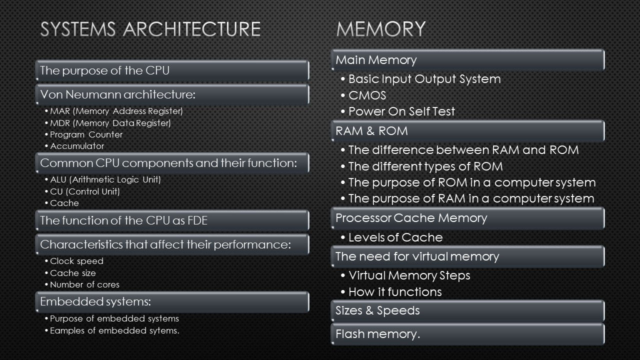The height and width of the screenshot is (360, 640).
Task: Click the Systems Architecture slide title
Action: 150,29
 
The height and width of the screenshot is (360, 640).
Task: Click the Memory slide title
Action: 381,29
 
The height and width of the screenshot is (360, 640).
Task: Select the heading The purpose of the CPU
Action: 105,70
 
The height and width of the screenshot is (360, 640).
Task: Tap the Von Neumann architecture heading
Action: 117,94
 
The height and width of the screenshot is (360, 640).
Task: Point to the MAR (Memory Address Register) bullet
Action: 116,110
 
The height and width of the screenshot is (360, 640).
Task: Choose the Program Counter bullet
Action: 86,134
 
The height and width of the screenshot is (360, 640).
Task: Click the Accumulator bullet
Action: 77,146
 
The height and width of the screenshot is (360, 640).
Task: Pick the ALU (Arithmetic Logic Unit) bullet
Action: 105,179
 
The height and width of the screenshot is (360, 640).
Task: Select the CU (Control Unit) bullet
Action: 85,191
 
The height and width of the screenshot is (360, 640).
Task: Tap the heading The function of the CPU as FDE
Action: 123,220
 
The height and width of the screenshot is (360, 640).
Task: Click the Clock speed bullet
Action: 76,261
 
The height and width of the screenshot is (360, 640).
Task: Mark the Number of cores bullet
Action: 84,284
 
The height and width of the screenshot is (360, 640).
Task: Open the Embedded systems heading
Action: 95,301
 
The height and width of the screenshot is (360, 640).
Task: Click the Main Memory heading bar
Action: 376,60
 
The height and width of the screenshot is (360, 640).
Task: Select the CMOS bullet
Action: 367,95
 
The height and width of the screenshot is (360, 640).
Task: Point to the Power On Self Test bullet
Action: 401,111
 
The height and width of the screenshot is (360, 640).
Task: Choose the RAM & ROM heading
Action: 371,131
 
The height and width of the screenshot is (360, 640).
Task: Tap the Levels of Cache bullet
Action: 395,237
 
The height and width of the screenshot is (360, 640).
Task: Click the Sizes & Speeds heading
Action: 377,310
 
